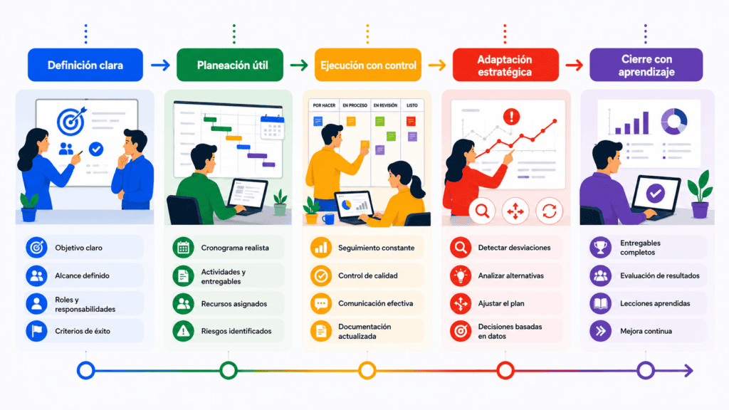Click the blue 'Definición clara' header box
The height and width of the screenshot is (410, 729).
tap(85, 65)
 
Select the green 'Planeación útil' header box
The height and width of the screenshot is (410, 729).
tap(230, 65)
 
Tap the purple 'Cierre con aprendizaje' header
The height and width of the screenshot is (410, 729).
tap(646, 65)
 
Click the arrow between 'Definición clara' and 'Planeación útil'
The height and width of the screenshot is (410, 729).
tap(160, 65)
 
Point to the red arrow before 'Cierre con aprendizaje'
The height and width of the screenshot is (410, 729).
tap(575, 65)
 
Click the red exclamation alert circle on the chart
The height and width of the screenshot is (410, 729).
tap(511, 116)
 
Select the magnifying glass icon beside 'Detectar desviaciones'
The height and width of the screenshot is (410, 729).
tap(461, 248)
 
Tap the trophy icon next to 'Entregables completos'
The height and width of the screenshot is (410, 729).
tap(600, 248)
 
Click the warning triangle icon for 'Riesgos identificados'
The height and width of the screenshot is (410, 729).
tap(183, 331)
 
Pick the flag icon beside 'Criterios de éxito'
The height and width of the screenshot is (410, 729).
tap(36, 331)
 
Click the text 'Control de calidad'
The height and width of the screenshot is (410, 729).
tap(368, 275)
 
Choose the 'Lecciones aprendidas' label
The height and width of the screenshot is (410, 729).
tap(655, 303)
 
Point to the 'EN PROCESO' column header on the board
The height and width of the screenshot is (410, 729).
tap(355, 105)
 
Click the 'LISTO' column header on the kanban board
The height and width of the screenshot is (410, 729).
tap(412, 105)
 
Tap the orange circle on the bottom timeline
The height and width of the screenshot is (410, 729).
tap(367, 371)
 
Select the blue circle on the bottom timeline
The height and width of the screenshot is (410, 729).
tap(85, 371)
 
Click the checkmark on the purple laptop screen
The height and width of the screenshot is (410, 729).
tap(656, 193)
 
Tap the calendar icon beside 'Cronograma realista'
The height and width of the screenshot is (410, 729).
tap(183, 248)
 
